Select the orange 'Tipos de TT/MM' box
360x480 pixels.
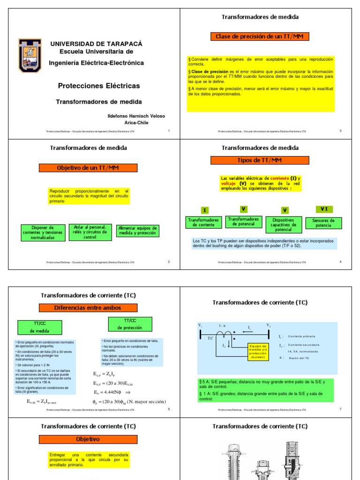260,160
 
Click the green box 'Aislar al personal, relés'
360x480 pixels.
90,232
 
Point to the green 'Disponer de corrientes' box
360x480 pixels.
43,232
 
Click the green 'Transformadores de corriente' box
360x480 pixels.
203,222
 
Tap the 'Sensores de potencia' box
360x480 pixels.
323,223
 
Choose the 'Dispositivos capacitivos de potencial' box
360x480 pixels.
283,225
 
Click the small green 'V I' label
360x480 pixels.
324,209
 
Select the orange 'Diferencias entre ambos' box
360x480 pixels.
88,308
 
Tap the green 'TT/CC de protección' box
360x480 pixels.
126,324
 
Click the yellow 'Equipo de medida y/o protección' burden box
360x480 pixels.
258,351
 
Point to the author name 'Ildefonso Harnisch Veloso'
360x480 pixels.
136,116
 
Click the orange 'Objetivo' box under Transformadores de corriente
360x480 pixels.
88,439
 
